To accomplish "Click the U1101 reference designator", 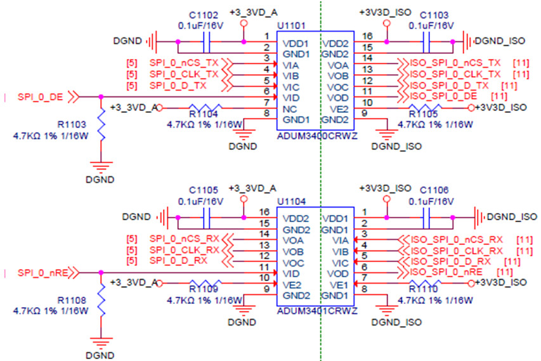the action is click(x=292, y=26).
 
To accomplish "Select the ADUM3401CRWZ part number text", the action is click(x=317, y=311).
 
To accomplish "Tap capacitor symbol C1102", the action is click(x=206, y=42).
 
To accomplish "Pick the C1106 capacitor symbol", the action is click(x=426, y=218).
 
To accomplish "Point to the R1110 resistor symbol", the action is click(x=425, y=284).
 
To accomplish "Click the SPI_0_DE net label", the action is click(x=41, y=97).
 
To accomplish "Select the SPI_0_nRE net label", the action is click(x=42, y=273).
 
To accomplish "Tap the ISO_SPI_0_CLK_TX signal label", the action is click(x=455, y=74).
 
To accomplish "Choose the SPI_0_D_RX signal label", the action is click(x=178, y=261).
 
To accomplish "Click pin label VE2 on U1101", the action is click(x=339, y=109).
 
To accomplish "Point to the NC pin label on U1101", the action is click(x=289, y=109).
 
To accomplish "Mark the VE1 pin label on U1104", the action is click(x=339, y=285).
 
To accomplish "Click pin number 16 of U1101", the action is click(x=367, y=36).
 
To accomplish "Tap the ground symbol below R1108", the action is click(x=101, y=343).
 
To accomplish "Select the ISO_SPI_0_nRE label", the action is click(x=446, y=272).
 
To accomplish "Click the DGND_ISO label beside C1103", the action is click(x=500, y=41).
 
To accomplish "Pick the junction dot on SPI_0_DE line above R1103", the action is click(x=101, y=97).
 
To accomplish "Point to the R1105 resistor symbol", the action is click(x=425, y=108).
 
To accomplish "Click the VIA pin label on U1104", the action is click(x=340, y=240).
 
